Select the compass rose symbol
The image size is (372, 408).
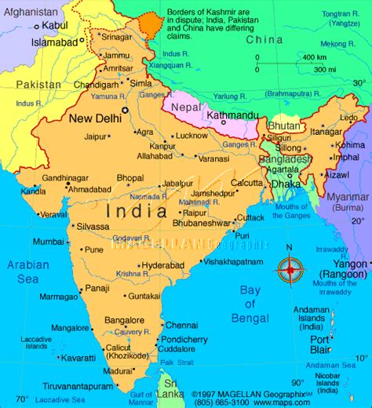(289, 269)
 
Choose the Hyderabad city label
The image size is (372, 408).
(162, 265)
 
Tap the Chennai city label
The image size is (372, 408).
(181, 324)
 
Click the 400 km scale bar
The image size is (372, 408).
(314, 64)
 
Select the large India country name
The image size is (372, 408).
(141, 210)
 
